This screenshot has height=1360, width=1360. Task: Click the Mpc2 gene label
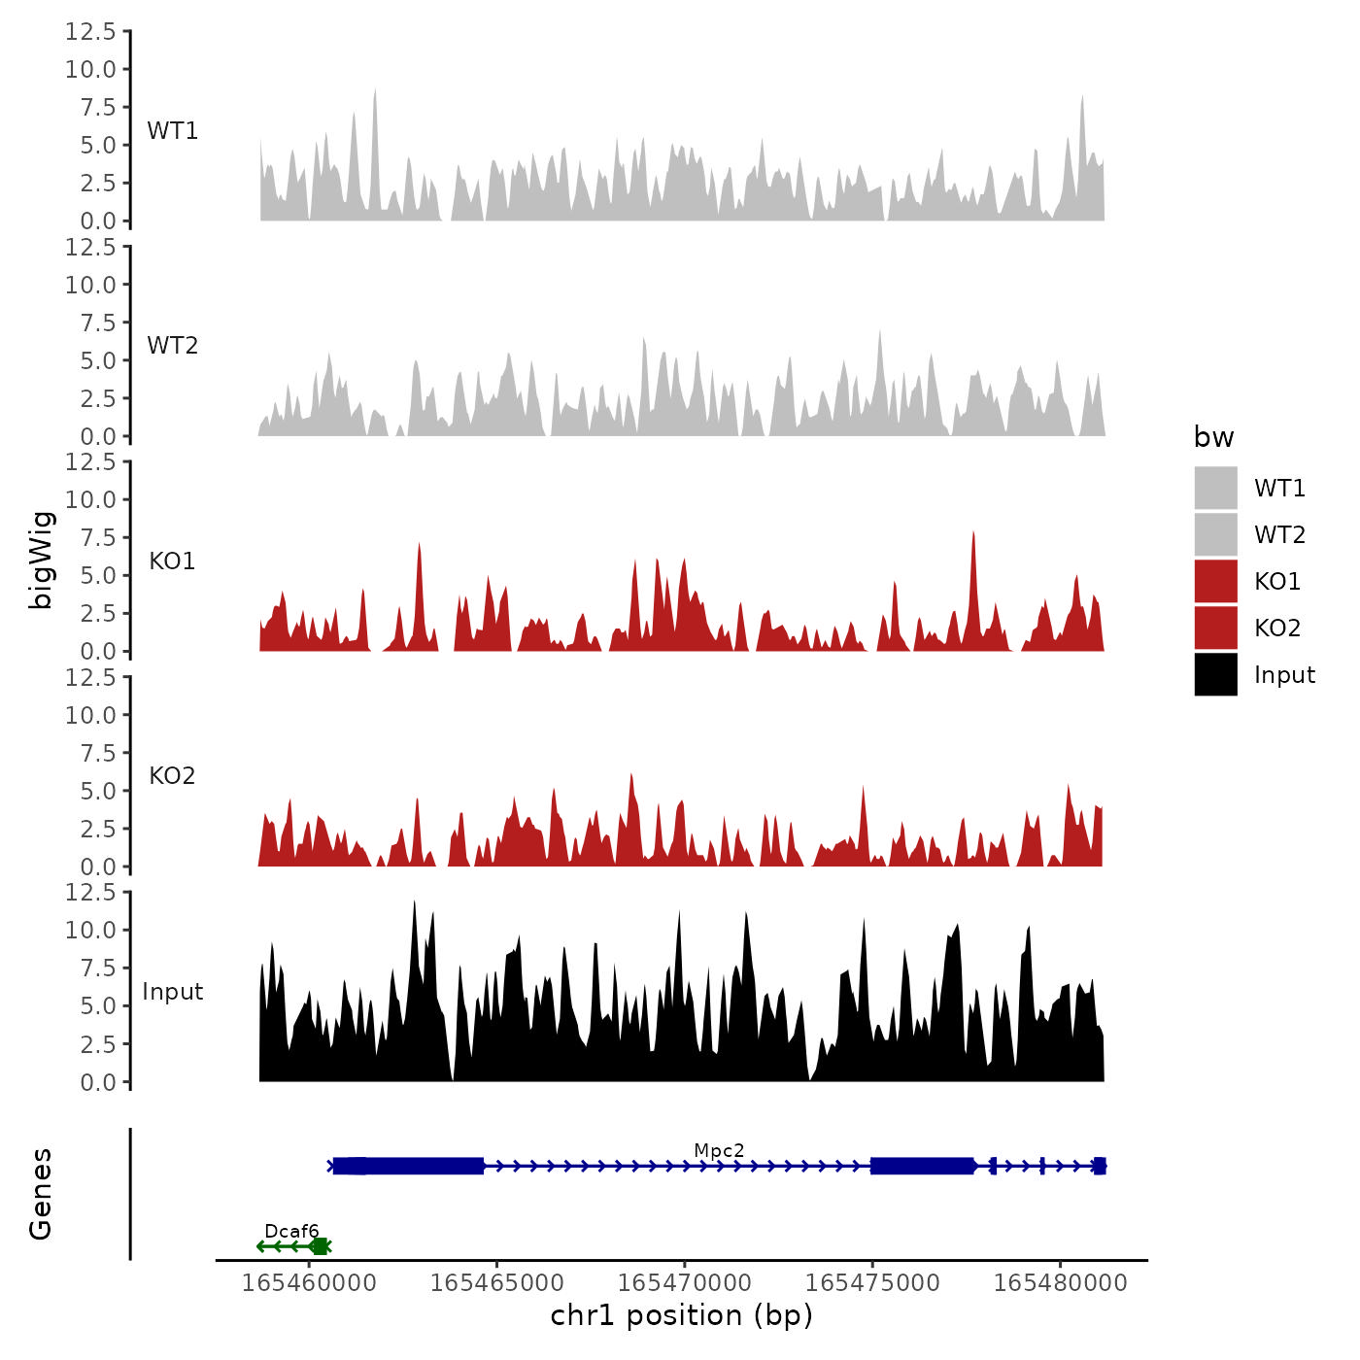[719, 1151]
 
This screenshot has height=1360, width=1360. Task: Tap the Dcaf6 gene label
[291, 1232]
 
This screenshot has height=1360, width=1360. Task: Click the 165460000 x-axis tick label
[309, 1283]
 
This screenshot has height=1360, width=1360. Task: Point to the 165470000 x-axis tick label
[685, 1283]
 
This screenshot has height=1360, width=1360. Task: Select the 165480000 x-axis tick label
[1060, 1283]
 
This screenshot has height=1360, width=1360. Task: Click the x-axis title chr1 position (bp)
[681, 1316]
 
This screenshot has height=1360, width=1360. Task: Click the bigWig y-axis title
[41, 560]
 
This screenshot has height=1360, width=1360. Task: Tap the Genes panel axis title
[41, 1194]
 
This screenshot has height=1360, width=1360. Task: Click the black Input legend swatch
[1215, 674]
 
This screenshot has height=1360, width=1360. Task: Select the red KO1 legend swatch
[1215, 581]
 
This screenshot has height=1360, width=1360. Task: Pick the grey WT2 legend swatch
[1215, 534]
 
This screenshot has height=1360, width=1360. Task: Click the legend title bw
[1213, 437]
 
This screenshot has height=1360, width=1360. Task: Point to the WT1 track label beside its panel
[173, 131]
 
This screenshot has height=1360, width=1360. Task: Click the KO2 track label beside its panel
[172, 776]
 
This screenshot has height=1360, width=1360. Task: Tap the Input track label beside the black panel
[173, 992]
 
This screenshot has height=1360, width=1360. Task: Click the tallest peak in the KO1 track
[973, 533]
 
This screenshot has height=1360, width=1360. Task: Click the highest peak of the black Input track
[414, 902]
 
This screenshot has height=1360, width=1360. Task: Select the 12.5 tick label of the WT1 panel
[90, 32]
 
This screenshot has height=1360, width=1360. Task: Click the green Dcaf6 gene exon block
[319, 1246]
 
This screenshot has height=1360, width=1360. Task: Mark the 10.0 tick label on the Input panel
[90, 930]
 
